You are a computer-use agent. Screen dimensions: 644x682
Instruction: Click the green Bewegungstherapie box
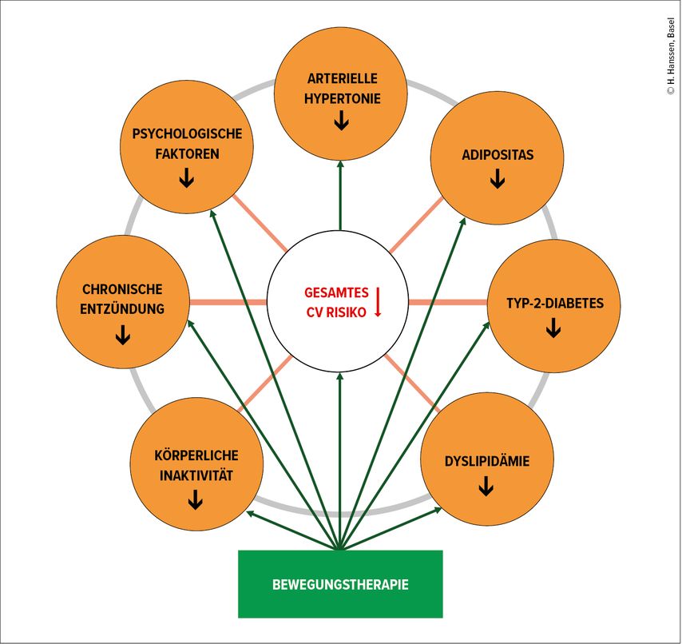(340, 584)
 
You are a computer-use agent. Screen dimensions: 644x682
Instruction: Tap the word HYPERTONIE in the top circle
(342, 99)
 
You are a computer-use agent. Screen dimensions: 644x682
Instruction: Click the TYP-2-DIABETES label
(554, 304)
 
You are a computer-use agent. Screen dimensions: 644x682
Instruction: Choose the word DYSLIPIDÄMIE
(486, 461)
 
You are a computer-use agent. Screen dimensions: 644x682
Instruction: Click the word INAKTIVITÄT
(196, 475)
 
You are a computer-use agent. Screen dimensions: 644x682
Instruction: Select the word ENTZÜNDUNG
(122, 309)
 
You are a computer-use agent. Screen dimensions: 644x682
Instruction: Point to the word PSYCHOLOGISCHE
(187, 133)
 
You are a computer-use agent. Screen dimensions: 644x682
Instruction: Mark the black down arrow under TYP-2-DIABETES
(553, 328)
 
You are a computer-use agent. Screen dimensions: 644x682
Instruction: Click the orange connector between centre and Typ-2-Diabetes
(448, 302)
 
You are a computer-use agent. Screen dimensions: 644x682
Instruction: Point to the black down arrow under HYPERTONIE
(342, 121)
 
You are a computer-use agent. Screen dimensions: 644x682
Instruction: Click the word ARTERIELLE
(342, 78)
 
